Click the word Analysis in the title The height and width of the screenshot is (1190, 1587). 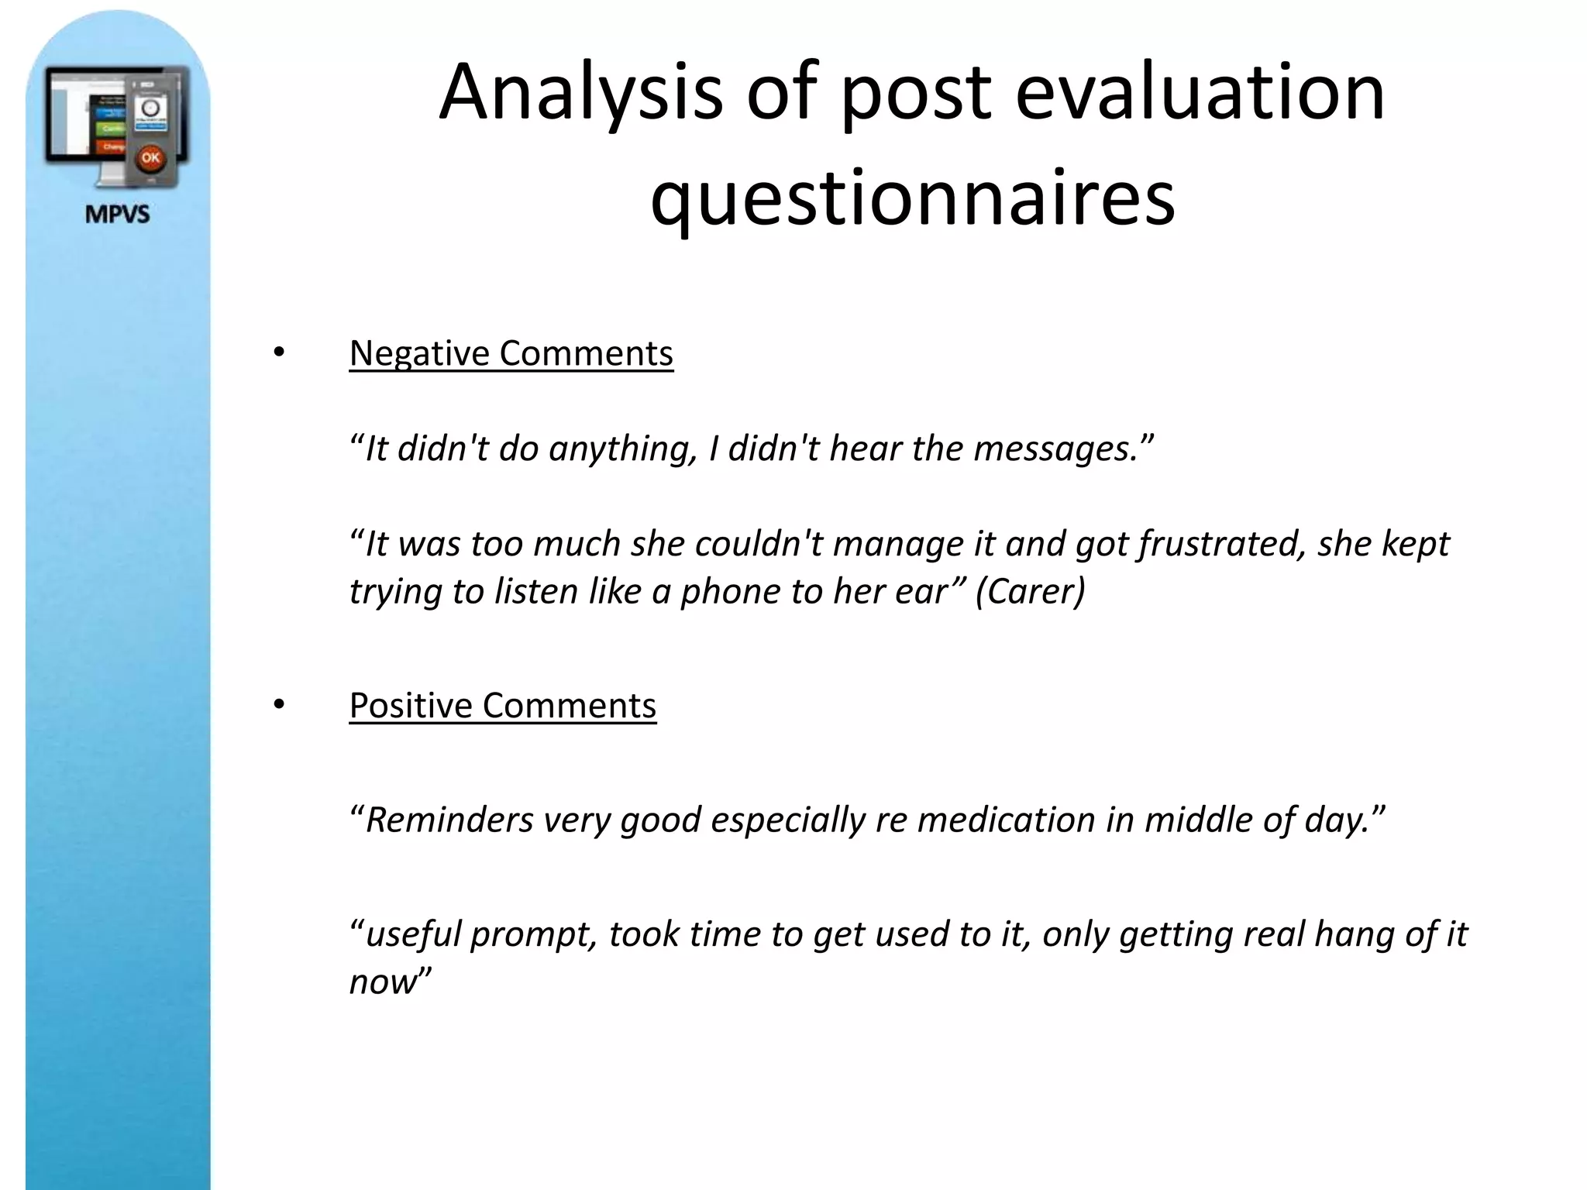pyautogui.click(x=580, y=93)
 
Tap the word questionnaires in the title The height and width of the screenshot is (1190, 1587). pyautogui.click(x=912, y=198)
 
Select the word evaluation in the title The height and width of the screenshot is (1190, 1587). pyautogui.click(x=1199, y=93)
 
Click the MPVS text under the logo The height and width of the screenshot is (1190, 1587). pyautogui.click(x=117, y=214)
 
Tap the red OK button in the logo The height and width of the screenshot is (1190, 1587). pyautogui.click(x=150, y=158)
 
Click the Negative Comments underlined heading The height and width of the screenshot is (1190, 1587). pyautogui.click(x=511, y=353)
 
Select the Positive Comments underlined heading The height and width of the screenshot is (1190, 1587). pyautogui.click(x=502, y=706)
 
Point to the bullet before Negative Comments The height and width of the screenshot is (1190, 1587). pyautogui.click(x=279, y=353)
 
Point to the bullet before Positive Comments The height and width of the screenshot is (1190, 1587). pyautogui.click(x=279, y=705)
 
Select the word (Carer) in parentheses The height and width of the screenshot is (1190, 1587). pyautogui.click(x=1030, y=592)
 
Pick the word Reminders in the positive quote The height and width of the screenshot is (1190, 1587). pyautogui.click(x=449, y=820)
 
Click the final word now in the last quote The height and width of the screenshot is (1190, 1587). pyautogui.click(x=383, y=982)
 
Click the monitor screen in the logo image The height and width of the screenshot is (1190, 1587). pyautogui.click(x=85, y=116)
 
